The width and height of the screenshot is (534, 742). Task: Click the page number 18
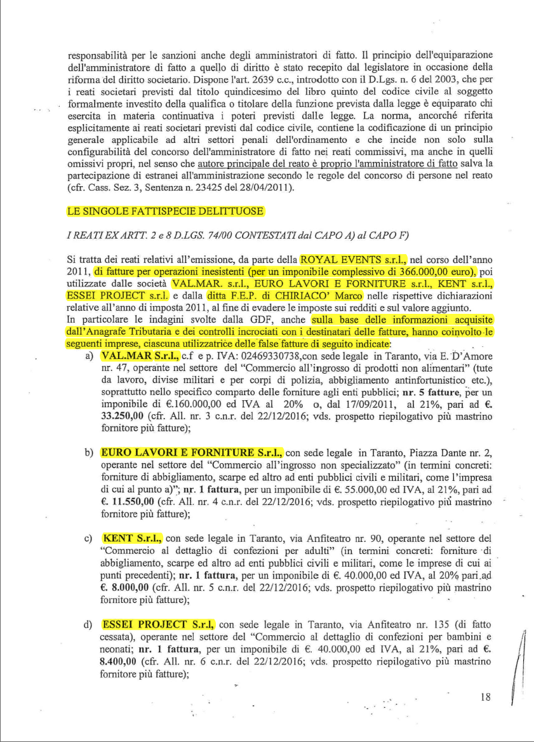coord(486,697)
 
